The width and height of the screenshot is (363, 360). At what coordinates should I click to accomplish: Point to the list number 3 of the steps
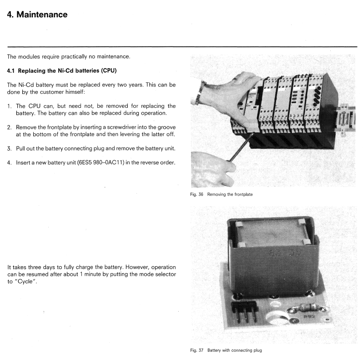(9, 148)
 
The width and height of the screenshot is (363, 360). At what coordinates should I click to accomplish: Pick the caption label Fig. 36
(197, 194)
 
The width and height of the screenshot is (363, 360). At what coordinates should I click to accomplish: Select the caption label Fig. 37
(197, 350)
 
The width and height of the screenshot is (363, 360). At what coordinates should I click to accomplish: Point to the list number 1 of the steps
(9, 106)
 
